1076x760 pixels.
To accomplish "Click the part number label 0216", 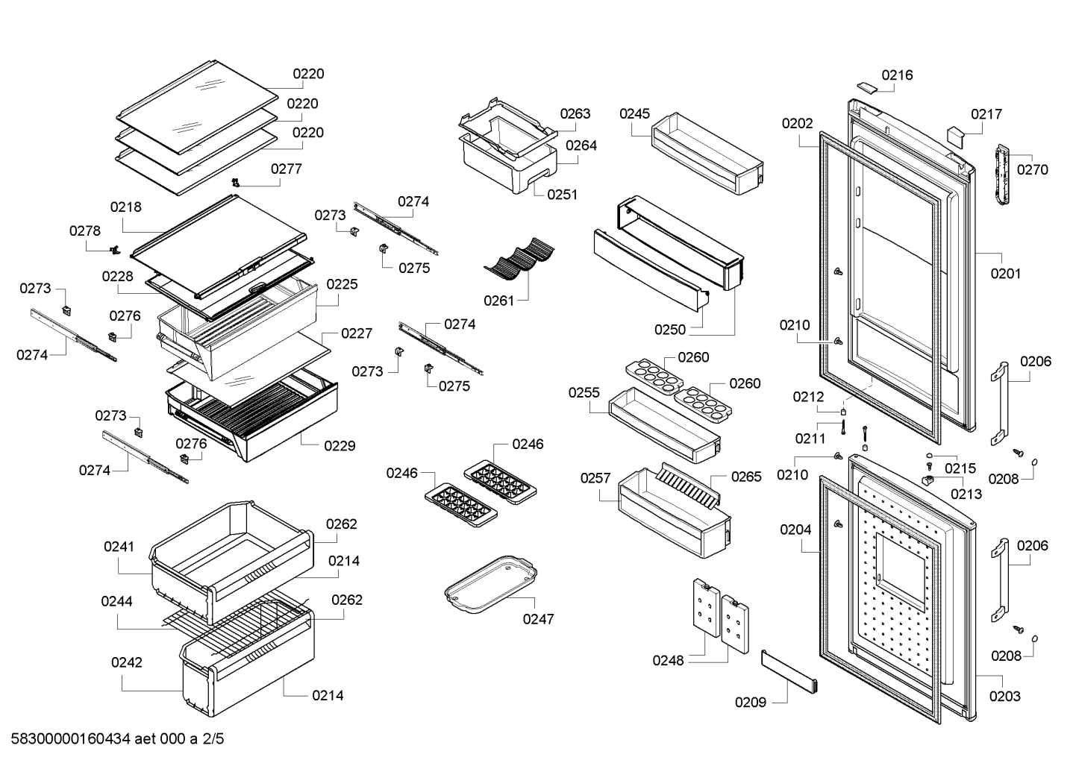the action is click(x=897, y=75).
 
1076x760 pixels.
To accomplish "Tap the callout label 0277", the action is click(x=287, y=169).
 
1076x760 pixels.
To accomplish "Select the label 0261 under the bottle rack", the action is click(x=499, y=301).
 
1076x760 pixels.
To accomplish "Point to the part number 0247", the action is click(x=538, y=619).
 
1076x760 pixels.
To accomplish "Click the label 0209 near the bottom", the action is click(x=751, y=703).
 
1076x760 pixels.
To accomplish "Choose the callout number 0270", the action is click(x=1032, y=169).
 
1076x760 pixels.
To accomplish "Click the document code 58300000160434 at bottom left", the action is click(x=71, y=738).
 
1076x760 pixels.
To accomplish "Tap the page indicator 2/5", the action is click(x=213, y=738).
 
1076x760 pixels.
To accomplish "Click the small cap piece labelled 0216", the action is click(x=868, y=87).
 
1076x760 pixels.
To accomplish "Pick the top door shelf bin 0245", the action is click(x=707, y=154).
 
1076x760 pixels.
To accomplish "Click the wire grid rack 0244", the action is click(x=235, y=628).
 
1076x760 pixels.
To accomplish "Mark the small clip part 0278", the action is click(x=115, y=250).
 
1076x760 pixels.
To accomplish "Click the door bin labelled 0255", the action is click(x=664, y=425).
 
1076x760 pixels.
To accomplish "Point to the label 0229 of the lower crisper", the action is click(x=340, y=446).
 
